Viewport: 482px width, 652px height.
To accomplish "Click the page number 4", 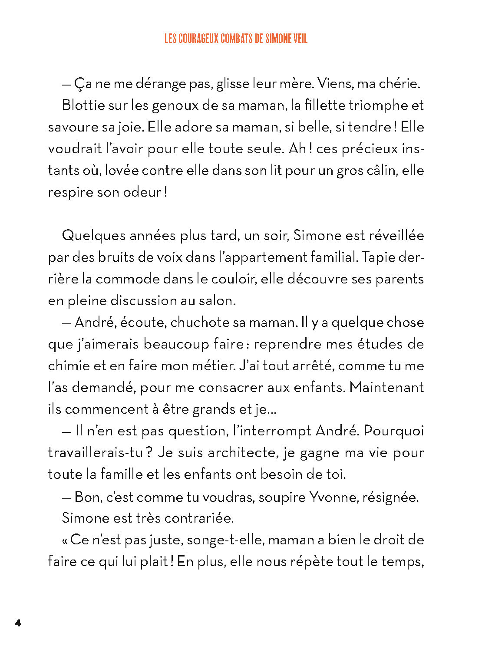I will (18, 623).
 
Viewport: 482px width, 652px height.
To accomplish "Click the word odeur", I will (142, 192).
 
